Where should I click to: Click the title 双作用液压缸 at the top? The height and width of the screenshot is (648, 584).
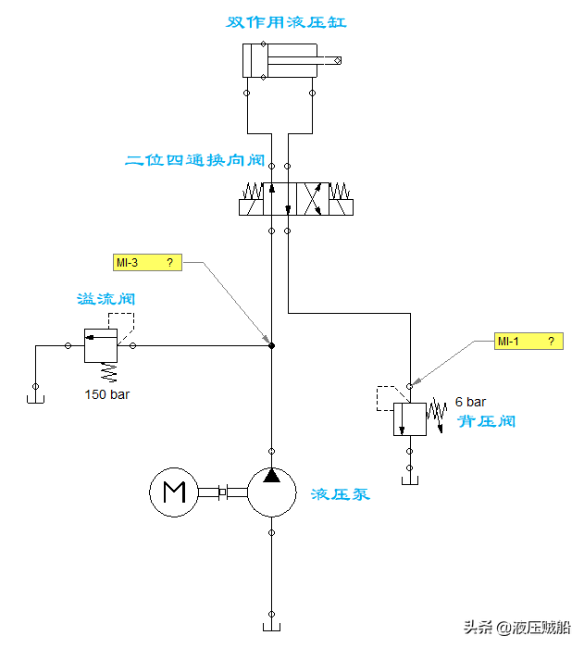(287, 21)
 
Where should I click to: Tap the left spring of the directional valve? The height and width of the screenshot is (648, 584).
(251, 191)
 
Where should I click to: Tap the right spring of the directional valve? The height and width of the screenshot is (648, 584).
(340, 191)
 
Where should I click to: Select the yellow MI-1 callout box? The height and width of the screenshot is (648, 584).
(528, 342)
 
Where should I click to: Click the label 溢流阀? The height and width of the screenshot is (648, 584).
(106, 300)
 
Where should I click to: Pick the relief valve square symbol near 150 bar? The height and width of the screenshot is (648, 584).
(101, 345)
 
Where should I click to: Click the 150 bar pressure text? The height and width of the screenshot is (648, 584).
(106, 395)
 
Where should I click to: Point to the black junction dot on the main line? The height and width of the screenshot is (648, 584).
(271, 345)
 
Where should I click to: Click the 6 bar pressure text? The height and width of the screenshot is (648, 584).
(470, 403)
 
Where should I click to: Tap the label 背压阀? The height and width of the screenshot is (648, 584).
(487, 422)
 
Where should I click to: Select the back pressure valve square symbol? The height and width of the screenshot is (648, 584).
(409, 418)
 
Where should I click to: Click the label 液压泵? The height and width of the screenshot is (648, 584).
(341, 494)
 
